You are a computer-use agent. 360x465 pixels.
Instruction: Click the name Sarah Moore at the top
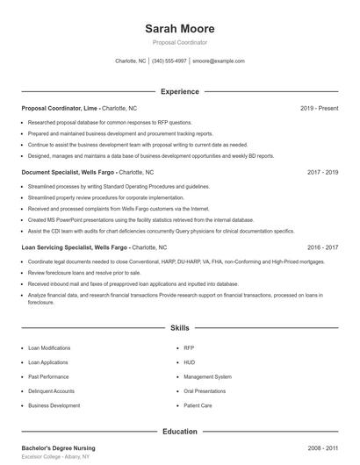(179, 28)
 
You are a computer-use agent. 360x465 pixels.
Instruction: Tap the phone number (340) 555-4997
(169, 61)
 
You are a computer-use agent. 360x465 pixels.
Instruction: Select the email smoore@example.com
(218, 61)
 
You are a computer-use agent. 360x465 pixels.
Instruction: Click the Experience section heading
(179, 91)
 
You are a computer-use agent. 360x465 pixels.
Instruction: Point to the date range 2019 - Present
(319, 108)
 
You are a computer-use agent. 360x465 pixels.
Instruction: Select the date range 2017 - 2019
(322, 173)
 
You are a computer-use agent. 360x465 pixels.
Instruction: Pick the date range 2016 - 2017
(322, 248)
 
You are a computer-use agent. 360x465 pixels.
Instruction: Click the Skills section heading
(179, 328)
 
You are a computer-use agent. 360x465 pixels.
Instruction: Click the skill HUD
(189, 362)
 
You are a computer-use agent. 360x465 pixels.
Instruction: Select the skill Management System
(207, 376)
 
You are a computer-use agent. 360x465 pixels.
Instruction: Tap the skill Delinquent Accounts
(51, 391)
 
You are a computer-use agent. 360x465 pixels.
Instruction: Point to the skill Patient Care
(198, 405)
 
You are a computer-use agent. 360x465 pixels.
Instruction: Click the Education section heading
(179, 432)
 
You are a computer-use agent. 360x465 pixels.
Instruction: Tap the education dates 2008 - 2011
(322, 448)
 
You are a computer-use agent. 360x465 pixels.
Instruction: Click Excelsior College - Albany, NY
(56, 459)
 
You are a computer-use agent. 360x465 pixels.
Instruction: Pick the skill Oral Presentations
(205, 391)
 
